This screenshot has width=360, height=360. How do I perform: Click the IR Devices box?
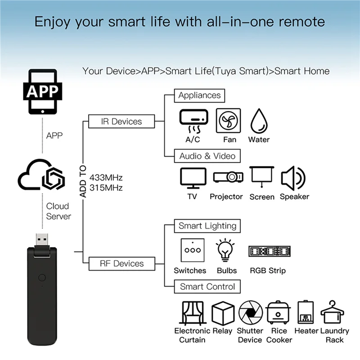click(x=121, y=121)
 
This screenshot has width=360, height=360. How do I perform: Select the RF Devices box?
click(x=121, y=264)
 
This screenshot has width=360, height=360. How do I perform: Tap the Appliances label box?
click(x=199, y=95)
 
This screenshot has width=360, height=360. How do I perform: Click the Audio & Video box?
click(x=207, y=156)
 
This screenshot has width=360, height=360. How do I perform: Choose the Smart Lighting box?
click(x=207, y=226)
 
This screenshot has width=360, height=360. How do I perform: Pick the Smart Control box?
click(x=207, y=287)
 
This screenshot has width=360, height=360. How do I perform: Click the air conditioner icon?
click(x=193, y=121)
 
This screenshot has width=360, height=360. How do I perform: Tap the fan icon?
click(x=228, y=121)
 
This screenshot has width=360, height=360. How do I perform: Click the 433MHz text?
click(x=106, y=177)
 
